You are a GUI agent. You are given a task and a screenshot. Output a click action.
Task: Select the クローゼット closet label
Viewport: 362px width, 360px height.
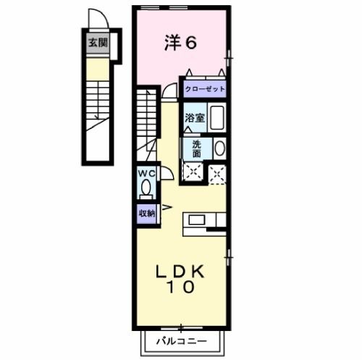pyautogui.click(x=204, y=90)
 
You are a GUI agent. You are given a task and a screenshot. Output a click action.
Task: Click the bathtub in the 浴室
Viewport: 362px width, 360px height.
pyautogui.click(x=217, y=117)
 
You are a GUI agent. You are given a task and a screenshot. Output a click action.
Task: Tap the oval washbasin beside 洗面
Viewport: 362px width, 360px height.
pyautogui.click(x=219, y=148)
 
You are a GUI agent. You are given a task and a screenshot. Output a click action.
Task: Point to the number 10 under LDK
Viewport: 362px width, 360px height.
pyautogui.click(x=182, y=288)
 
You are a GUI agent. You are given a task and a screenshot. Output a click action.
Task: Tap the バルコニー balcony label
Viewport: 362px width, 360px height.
pyautogui.click(x=182, y=341)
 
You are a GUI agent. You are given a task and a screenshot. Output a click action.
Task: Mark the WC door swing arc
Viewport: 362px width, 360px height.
pyautogui.click(x=166, y=174)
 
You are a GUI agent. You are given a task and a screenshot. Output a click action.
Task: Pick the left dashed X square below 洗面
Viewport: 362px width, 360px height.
pyautogui.click(x=193, y=172)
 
